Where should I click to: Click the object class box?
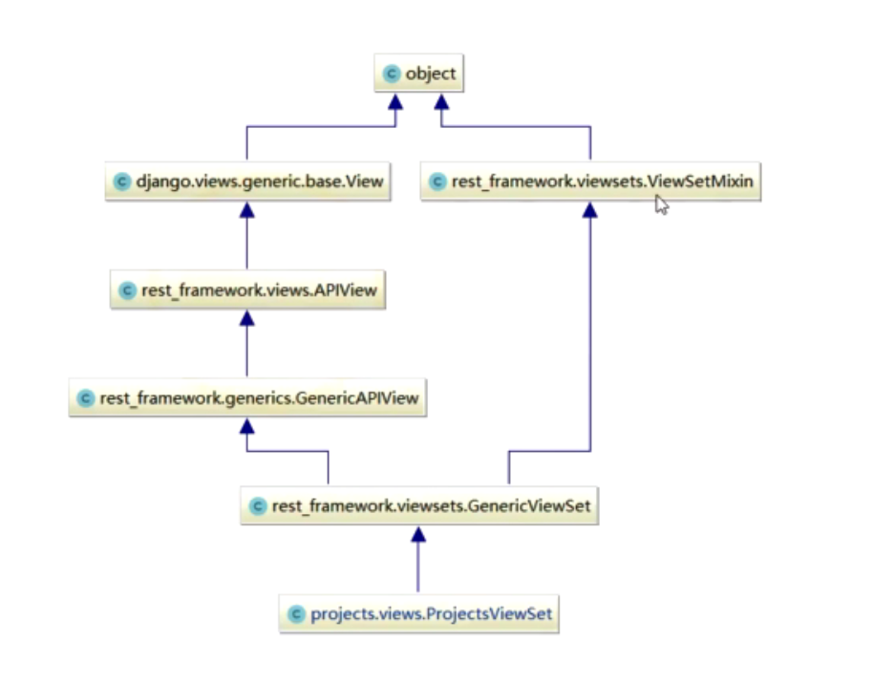(419, 74)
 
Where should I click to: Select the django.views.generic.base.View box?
(248, 181)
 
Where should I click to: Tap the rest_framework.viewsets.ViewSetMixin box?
(591, 181)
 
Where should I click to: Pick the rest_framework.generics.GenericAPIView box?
(247, 398)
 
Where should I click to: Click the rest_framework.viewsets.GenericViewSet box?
(419, 506)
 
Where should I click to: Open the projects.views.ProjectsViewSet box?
(418, 613)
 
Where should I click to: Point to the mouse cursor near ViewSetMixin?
(661, 203)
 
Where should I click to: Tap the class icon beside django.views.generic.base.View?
(121, 182)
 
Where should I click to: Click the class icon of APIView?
(127, 290)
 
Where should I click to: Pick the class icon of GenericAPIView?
(85, 398)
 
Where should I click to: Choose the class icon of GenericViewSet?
(257, 507)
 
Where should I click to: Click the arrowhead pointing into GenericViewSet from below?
(417, 535)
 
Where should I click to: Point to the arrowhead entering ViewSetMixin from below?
(590, 209)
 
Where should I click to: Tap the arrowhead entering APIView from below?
(247, 318)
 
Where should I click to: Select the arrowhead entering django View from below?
(247, 209)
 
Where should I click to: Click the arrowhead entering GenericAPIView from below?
(247, 426)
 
